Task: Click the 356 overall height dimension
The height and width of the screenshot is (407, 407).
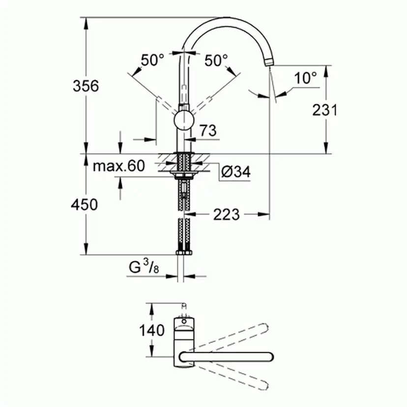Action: [86, 86]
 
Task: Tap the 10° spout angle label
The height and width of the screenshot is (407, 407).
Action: [306, 78]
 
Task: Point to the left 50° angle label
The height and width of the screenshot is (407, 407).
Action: [152, 60]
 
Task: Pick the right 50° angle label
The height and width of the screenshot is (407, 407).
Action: [216, 60]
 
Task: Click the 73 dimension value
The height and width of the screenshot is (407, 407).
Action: [208, 130]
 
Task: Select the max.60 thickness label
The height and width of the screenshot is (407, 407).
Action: [119, 166]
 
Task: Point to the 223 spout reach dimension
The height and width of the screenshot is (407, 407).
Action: [227, 214]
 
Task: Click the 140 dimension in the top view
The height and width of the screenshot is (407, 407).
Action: [152, 330]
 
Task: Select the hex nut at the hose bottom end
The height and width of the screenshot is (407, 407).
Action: [184, 252]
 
